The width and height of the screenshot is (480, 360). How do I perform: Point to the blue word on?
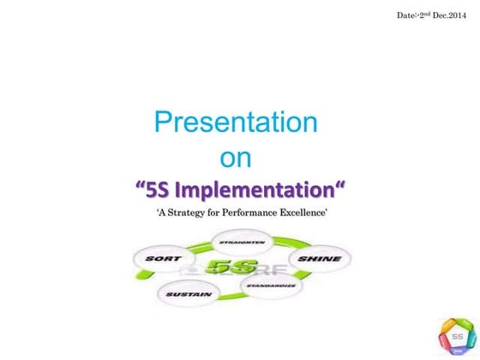(236, 159)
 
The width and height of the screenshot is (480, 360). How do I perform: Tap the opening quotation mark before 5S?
(142, 187)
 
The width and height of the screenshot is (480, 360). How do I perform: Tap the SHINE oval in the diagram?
(319, 258)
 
